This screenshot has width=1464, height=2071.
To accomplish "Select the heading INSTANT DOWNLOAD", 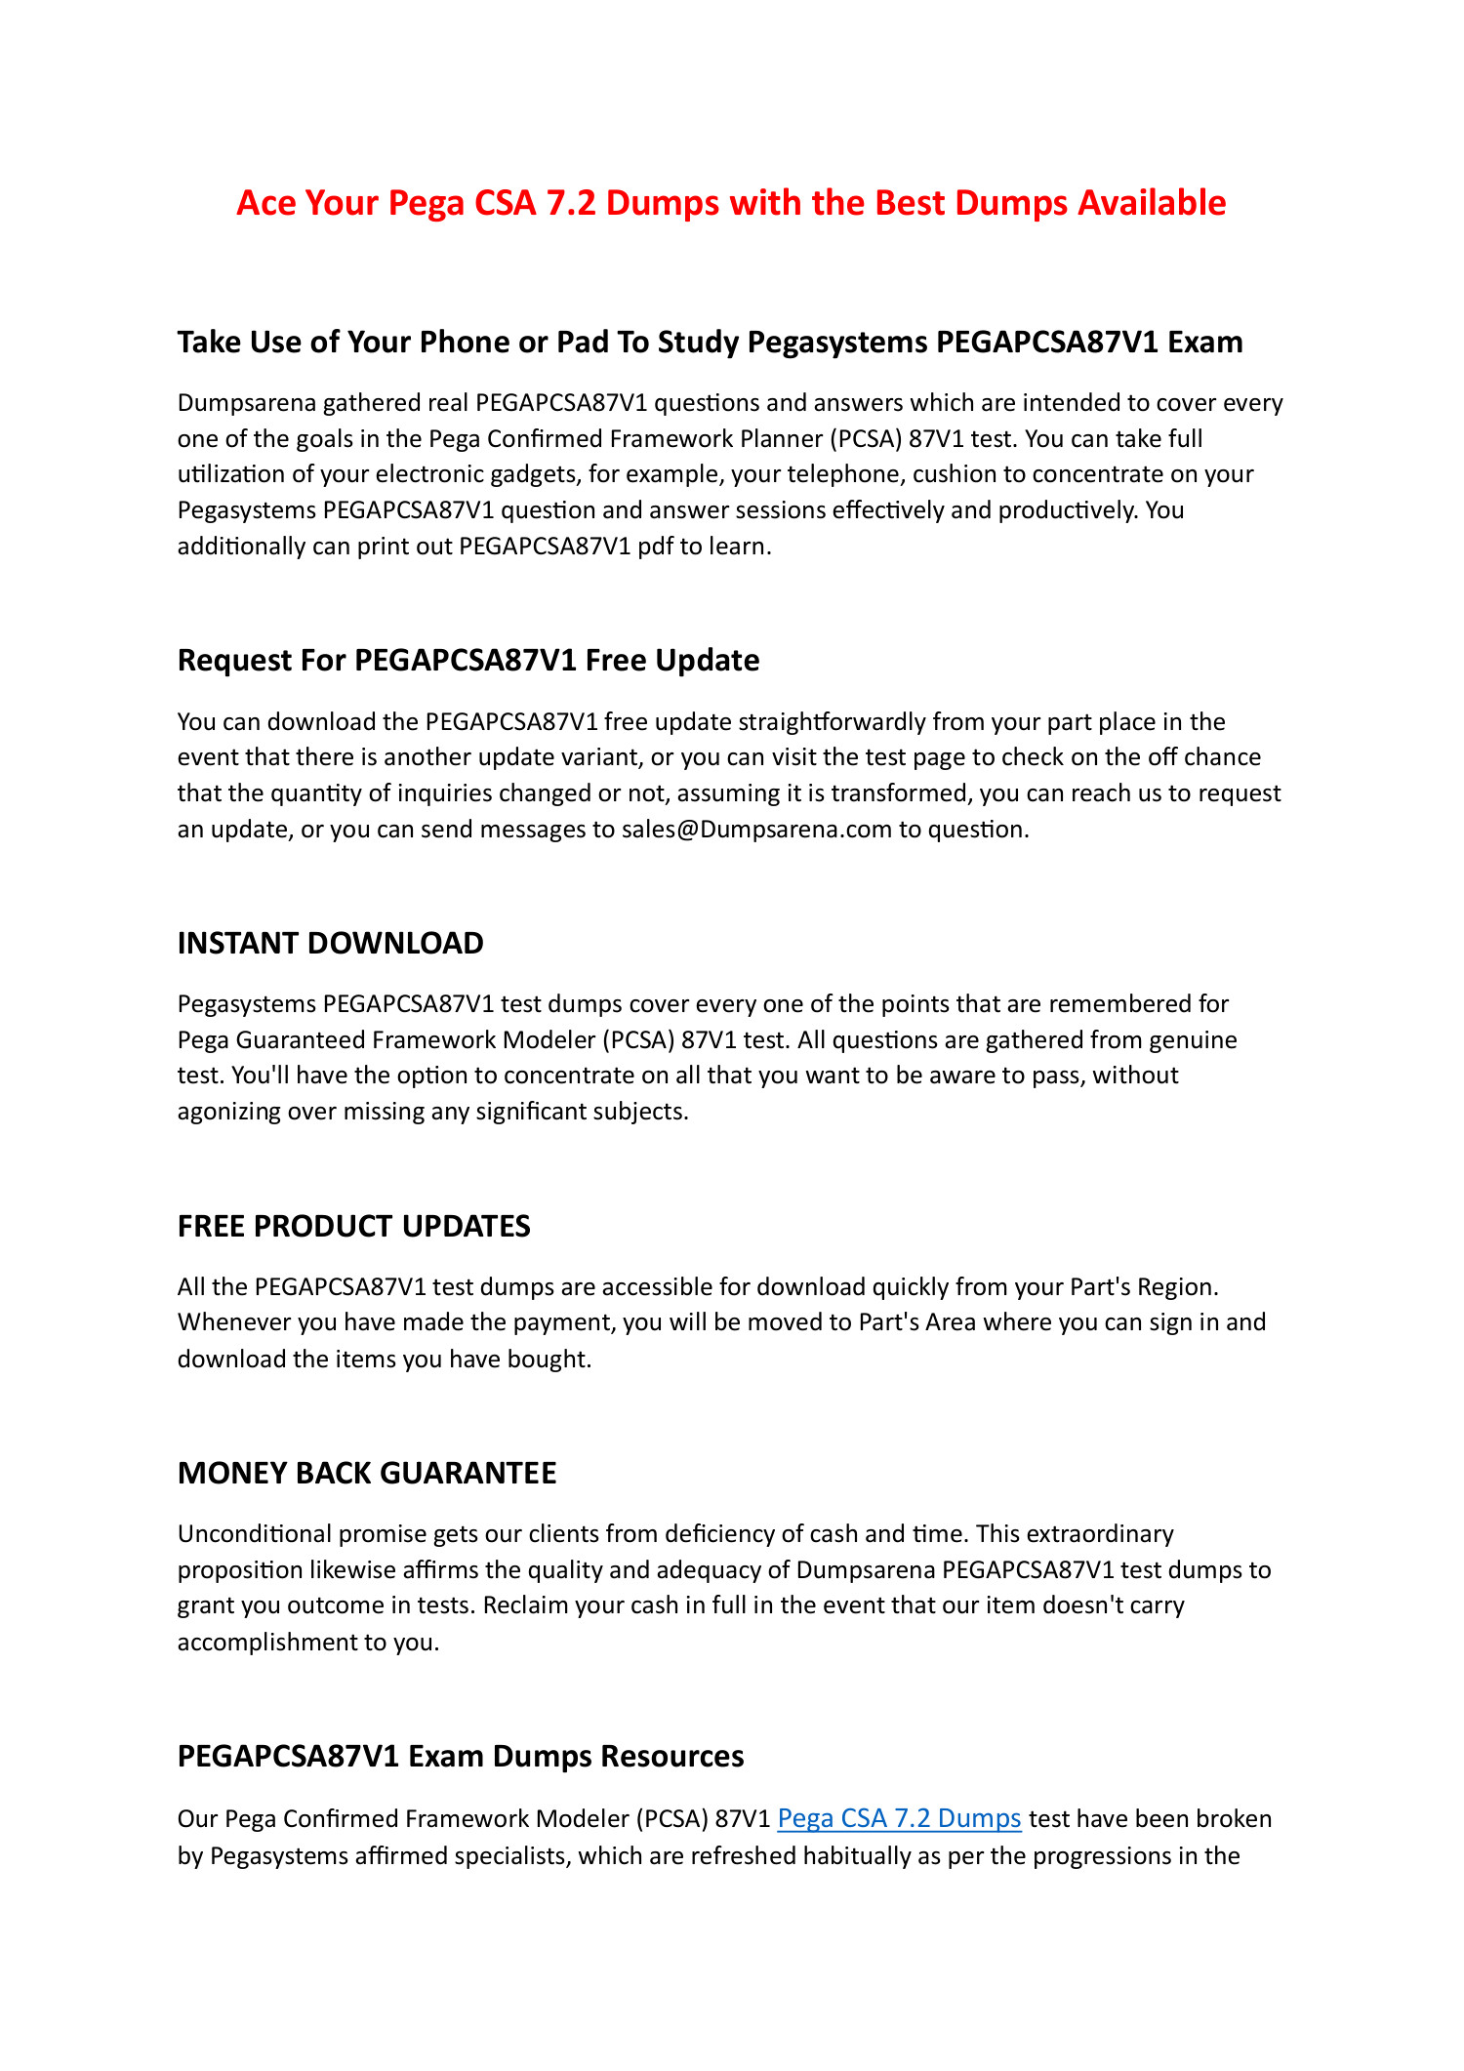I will (330, 943).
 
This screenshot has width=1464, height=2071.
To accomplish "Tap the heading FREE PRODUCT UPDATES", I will (353, 1226).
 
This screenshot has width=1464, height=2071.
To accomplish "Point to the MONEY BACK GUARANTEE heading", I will (366, 1473).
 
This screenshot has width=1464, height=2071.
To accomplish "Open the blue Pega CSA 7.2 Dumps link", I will (899, 1818).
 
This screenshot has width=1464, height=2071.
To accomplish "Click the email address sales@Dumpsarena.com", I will (756, 829).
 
